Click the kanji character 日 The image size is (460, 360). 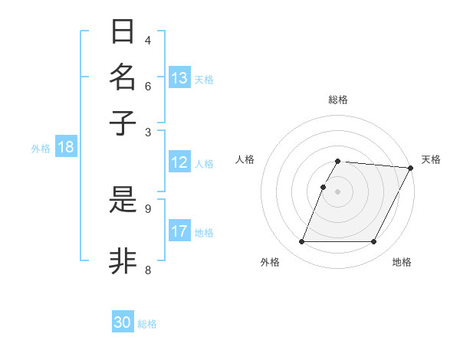point(123,32)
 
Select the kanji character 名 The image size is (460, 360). point(123,77)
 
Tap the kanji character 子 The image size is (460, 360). point(123,123)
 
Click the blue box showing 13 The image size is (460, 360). point(179,78)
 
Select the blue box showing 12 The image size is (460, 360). point(179,162)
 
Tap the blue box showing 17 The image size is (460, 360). point(179,231)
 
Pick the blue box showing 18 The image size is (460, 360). point(66,148)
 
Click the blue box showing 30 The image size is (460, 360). point(123,322)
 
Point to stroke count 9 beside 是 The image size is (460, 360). point(148,208)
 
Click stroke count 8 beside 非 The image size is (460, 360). point(148,269)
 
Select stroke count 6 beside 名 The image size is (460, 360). point(148,85)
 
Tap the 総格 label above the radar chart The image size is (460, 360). point(338,100)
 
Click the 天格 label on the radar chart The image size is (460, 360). point(431,159)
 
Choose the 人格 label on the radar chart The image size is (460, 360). point(245,159)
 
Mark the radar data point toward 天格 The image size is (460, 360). point(411,168)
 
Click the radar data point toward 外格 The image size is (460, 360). point(301,242)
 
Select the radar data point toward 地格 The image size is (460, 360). point(374,242)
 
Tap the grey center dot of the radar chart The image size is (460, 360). point(338,191)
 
